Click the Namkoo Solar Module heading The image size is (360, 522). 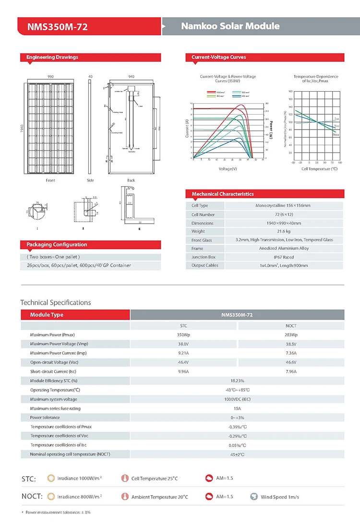pyautogui.click(x=230, y=26)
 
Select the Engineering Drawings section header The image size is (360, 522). pyautogui.click(x=52, y=57)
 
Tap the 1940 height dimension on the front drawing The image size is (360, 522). pyautogui.click(x=22, y=129)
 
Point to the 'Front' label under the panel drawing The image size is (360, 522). pyautogui.click(x=50, y=180)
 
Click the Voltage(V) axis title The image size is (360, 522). pyautogui.click(x=228, y=169)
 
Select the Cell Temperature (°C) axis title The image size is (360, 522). pyautogui.click(x=316, y=169)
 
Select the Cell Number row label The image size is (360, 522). pyautogui.click(x=203, y=214)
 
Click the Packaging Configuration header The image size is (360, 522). pyautogui.click(x=57, y=245)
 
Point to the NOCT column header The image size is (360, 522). pyautogui.click(x=290, y=326)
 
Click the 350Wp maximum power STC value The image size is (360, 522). pyautogui.click(x=184, y=335)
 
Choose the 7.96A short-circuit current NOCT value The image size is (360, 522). pyautogui.click(x=290, y=371)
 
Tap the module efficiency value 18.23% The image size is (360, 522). pyautogui.click(x=237, y=380)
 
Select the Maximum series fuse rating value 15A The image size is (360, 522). pyautogui.click(x=237, y=408)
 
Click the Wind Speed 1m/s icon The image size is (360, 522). pyautogui.click(x=254, y=497)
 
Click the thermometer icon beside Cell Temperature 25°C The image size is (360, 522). pyautogui.click(x=125, y=478)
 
